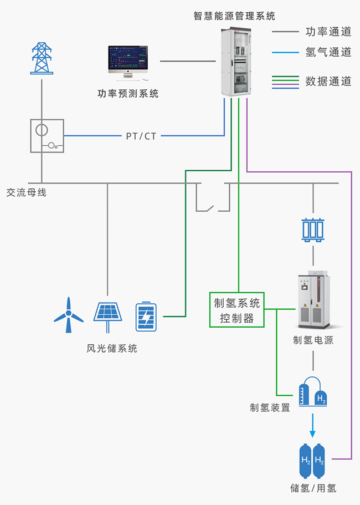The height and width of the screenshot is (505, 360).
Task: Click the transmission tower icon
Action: click(42, 57)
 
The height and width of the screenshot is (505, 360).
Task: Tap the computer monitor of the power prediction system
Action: click(128, 60)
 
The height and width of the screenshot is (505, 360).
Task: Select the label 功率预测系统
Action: click(128, 94)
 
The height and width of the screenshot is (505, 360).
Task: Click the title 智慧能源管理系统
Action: click(234, 16)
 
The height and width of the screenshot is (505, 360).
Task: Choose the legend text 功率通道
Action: click(328, 32)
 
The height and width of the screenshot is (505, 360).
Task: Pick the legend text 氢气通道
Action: click(328, 53)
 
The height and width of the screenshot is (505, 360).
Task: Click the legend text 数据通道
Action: click(328, 81)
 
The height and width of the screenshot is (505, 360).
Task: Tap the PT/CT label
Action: click(141, 136)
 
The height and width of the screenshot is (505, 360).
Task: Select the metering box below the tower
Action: click(47, 136)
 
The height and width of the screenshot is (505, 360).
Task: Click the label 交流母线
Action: click(26, 193)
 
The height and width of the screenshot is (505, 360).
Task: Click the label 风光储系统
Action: click(112, 349)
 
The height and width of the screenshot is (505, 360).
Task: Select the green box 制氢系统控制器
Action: click(237, 310)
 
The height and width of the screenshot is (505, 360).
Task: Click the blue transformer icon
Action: click(313, 229)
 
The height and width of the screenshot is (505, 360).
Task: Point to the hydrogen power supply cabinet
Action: click(313, 299)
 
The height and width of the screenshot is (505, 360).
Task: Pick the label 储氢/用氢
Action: click(313, 488)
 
